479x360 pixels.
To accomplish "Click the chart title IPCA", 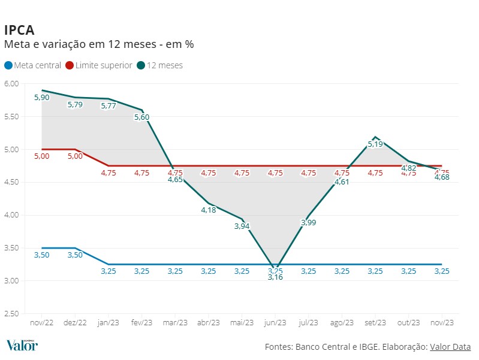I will [x=19, y=30].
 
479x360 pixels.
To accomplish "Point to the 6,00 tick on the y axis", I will [x=11, y=83].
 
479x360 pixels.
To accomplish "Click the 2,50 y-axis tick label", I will [x=11, y=313].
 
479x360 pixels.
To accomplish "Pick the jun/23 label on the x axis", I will [x=275, y=322].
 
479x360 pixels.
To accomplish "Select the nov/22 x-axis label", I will [x=41, y=322].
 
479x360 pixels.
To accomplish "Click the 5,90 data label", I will [x=41, y=97].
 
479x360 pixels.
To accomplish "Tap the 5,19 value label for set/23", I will [x=375, y=144].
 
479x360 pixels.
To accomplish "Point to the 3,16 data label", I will [x=275, y=277].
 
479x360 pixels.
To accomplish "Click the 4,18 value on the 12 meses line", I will [x=209, y=210].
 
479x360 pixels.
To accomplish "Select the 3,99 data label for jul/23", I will [x=308, y=223].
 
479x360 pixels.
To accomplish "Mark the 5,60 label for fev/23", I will [x=141, y=117].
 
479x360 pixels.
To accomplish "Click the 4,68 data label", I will [x=442, y=177].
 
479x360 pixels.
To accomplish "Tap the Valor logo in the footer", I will [x=22, y=345].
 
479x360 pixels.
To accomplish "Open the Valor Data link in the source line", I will [x=450, y=347].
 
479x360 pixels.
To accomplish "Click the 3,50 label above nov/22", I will [x=41, y=255].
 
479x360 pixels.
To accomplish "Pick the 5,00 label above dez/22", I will [x=75, y=156].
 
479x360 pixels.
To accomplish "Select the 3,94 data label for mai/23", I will [x=242, y=226].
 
